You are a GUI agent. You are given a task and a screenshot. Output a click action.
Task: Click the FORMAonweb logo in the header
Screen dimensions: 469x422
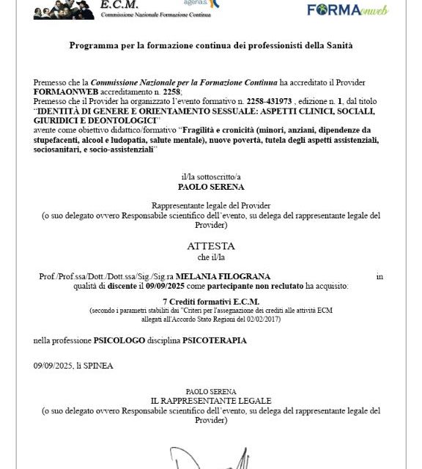tap(348, 10)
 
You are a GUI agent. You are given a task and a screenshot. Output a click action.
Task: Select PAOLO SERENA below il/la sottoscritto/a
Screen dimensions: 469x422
tap(211, 186)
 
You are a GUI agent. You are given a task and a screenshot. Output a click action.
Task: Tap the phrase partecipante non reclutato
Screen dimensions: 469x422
tap(266, 286)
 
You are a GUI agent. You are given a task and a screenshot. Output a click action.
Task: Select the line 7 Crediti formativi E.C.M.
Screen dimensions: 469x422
tap(210, 302)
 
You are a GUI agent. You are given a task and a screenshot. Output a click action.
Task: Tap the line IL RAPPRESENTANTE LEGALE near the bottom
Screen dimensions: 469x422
tap(210, 401)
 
